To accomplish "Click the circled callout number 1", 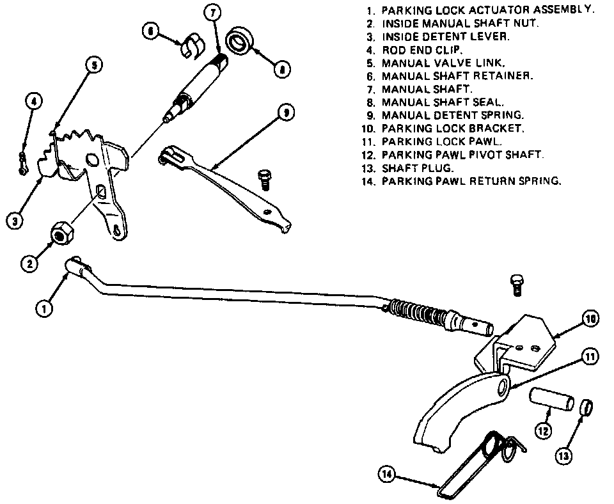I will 44,308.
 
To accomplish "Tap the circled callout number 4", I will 35,101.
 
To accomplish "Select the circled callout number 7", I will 214,12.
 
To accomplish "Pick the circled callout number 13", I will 563,455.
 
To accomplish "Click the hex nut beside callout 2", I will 61,235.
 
